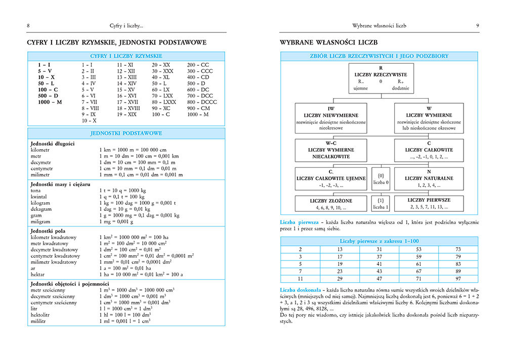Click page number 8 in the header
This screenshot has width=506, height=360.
pos(28,25)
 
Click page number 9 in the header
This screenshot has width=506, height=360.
pos(478,25)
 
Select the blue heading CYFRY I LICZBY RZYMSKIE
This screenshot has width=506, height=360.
pos(126,56)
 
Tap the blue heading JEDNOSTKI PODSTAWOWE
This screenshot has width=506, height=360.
pos(126,133)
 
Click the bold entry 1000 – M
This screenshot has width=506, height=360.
pos(50,102)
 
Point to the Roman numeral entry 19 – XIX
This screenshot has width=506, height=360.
pos(126,114)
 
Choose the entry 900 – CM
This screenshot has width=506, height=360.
pos(198,108)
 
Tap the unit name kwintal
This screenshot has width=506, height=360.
pos(40,196)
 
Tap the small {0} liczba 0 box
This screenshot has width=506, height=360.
pos(381,178)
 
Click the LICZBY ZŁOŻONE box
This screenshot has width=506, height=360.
pos(331,203)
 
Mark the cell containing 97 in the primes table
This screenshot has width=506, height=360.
pos(458,279)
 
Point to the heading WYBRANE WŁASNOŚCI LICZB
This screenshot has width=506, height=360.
pos(329,42)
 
